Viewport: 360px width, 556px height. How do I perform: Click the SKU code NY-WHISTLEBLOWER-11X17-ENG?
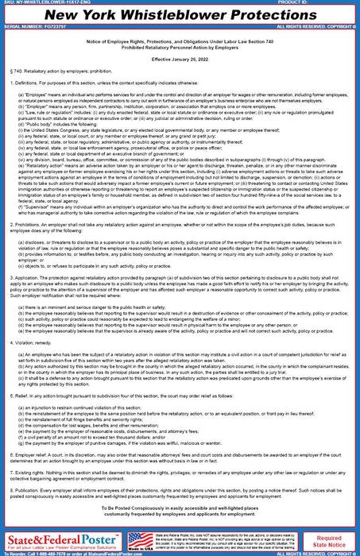[56, 3]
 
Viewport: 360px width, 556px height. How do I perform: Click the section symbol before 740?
[7, 83]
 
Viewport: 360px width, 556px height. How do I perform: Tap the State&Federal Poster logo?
[61, 540]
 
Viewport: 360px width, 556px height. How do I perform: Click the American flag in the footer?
[141, 538]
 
